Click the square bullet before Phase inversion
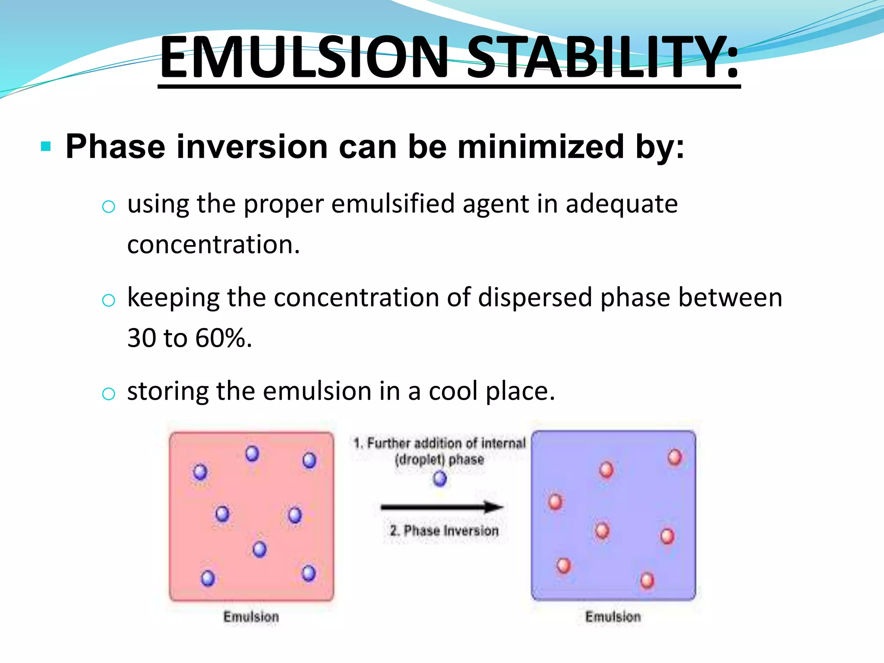[46, 147]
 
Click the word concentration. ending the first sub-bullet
[213, 244]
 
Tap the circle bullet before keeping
[108, 300]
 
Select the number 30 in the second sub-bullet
[142, 338]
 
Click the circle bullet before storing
[108, 394]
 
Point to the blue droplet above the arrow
[440, 478]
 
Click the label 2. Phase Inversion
[444, 530]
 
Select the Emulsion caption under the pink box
[251, 617]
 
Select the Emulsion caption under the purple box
[613, 617]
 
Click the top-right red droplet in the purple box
[674, 457]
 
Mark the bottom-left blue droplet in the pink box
[208, 578]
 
